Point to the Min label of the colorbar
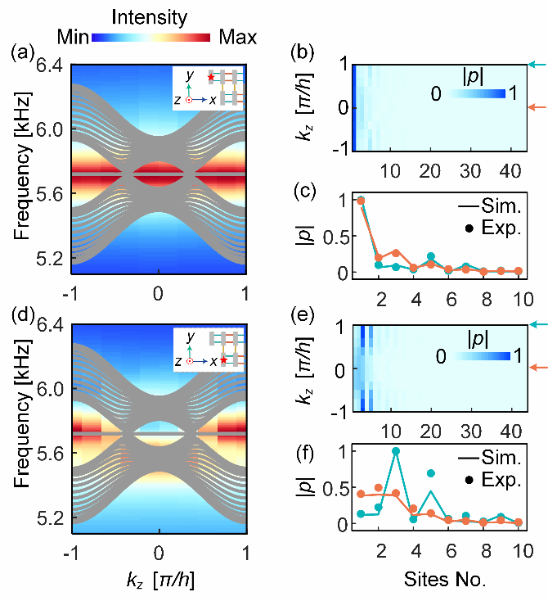(x=71, y=37)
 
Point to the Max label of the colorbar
(x=238, y=37)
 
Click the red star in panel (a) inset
(x=212, y=77)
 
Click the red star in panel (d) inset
(x=223, y=359)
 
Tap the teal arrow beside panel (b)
(x=537, y=65)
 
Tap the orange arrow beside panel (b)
(x=537, y=107)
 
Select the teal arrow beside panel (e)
(x=537, y=325)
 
